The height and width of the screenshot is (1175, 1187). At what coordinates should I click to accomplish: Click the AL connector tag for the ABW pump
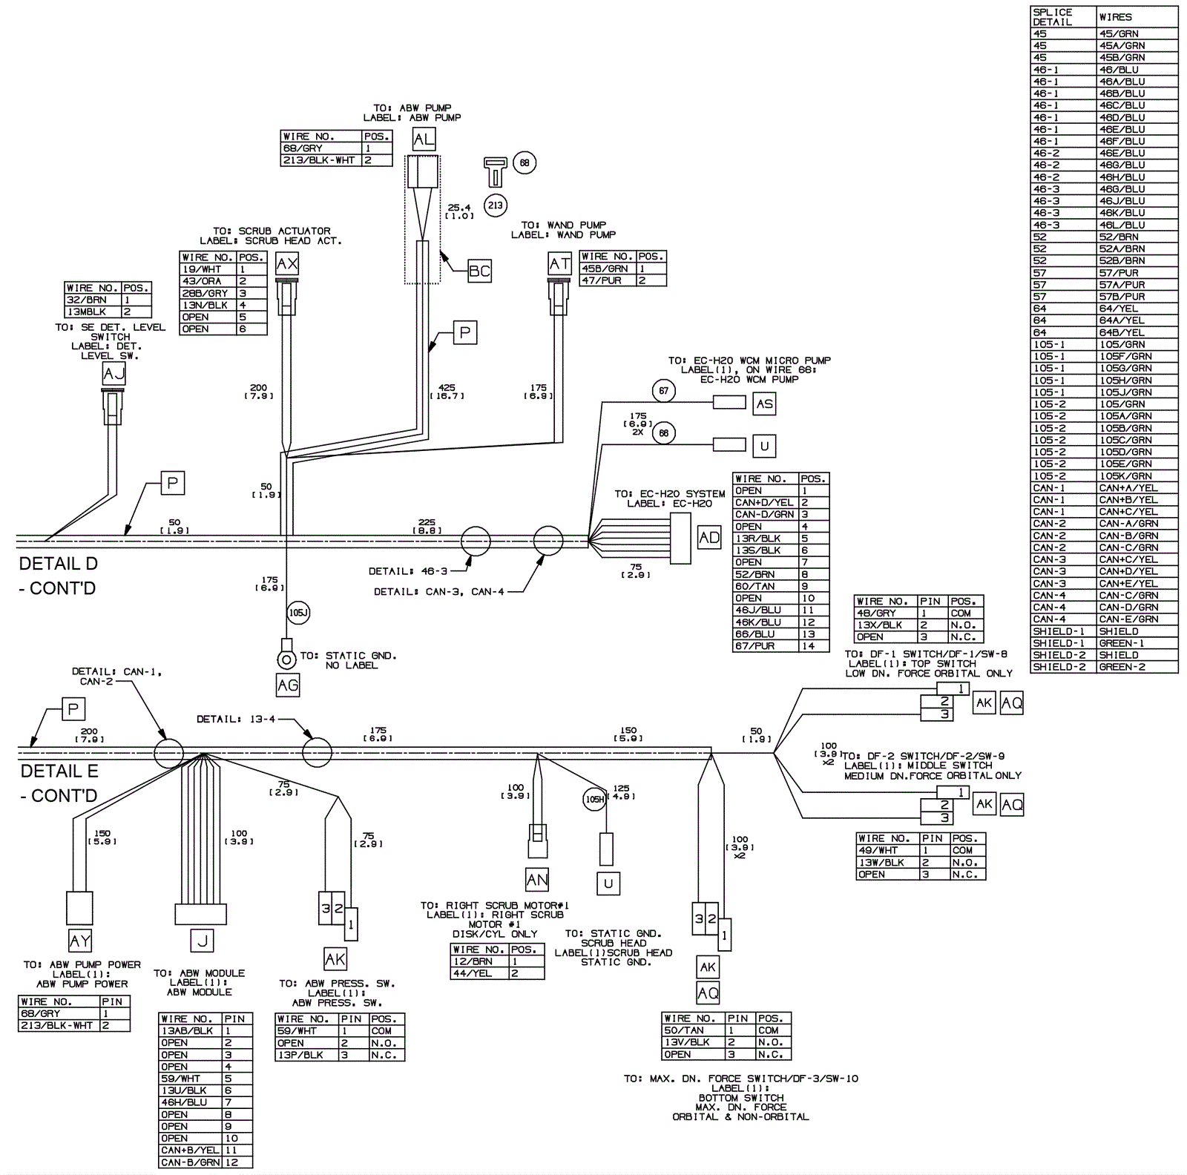pos(424,139)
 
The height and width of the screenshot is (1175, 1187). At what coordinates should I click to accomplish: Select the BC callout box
pos(479,271)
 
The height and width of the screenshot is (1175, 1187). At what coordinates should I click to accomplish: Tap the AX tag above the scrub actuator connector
pos(287,264)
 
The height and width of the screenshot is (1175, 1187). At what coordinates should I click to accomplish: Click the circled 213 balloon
pos(496,205)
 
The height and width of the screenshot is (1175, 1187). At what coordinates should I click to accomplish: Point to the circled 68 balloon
pos(525,162)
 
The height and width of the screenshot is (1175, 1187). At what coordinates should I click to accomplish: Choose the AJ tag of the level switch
pos(114,374)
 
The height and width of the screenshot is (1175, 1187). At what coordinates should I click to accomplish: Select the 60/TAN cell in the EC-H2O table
pos(765,586)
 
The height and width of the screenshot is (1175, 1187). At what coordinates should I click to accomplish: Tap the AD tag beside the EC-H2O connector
pos(709,538)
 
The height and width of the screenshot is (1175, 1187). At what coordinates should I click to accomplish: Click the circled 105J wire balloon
pos(298,613)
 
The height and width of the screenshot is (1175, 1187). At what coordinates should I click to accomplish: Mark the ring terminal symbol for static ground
pos(286,659)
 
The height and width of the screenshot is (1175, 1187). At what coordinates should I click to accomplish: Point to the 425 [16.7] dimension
pos(447,392)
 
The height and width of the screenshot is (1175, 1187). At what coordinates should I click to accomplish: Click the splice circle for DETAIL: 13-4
pos(317,752)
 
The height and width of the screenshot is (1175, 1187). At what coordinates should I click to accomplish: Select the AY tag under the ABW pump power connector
pos(80,941)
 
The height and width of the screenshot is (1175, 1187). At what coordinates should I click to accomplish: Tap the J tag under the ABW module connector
pos(202,941)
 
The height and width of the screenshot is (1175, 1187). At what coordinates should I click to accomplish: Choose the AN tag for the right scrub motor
pos(537,880)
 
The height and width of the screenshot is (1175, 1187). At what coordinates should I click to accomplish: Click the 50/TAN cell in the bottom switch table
pos(693,1030)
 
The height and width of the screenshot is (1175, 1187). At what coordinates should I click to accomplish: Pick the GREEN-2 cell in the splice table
pos(1137,667)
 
